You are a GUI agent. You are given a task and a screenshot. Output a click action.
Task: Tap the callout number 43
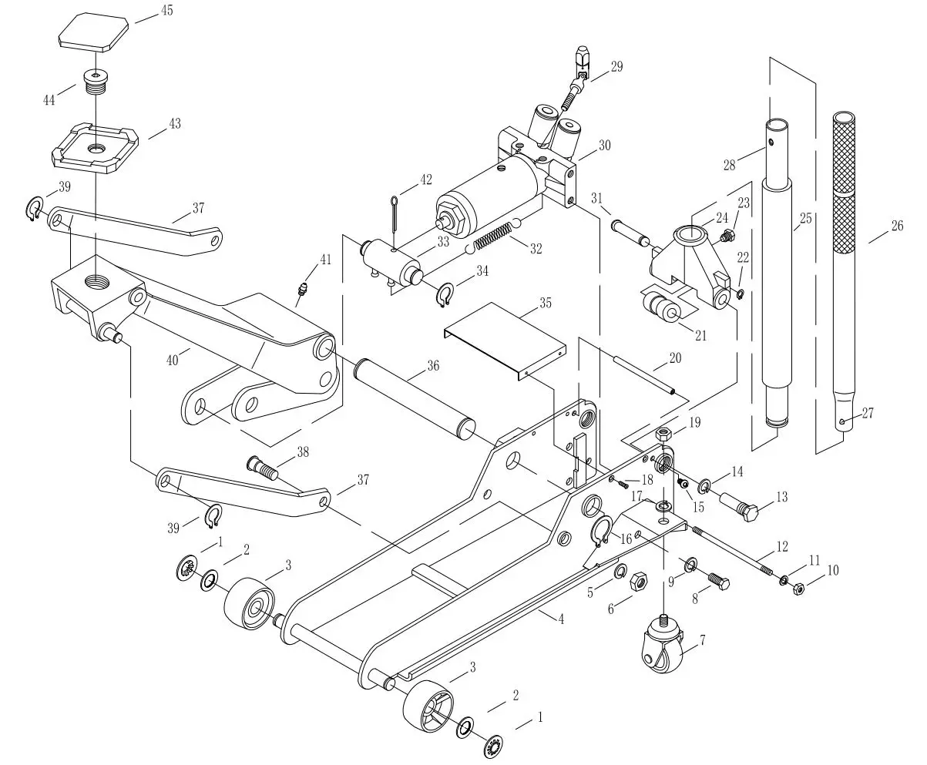[x=175, y=123]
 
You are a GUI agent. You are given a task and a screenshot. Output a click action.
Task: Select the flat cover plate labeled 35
[x=505, y=336]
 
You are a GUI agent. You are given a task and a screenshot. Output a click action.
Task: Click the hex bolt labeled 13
[x=741, y=508]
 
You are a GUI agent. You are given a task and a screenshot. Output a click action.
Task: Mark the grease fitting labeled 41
[x=301, y=291]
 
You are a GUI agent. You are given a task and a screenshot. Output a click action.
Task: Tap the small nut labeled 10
[x=799, y=590]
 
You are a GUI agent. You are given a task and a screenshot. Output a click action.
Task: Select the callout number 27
[x=868, y=413]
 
